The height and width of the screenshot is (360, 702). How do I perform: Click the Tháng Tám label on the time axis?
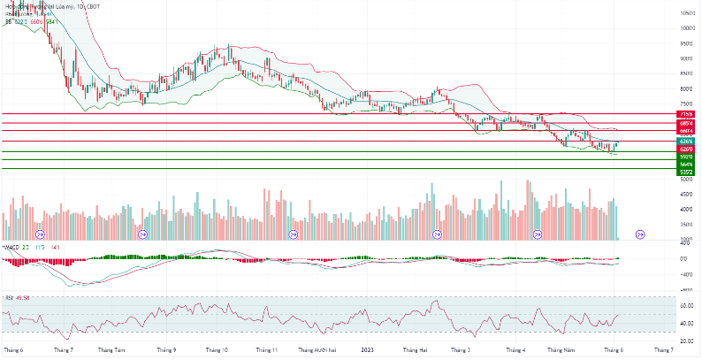[112, 350]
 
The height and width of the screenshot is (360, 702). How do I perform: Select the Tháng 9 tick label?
[167, 350]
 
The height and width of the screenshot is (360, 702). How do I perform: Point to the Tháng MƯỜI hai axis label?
[317, 350]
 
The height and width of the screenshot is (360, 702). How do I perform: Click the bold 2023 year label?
[367, 350]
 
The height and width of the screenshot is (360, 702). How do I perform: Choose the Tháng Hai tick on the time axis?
[416, 350]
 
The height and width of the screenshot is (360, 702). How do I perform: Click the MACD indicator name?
[12, 247]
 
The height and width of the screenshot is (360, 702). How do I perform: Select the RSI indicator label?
[8, 297]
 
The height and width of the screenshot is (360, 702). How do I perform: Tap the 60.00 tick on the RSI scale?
[686, 306]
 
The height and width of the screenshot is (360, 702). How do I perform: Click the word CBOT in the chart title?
[92, 6]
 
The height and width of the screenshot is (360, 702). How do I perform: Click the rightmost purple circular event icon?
[641, 234]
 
